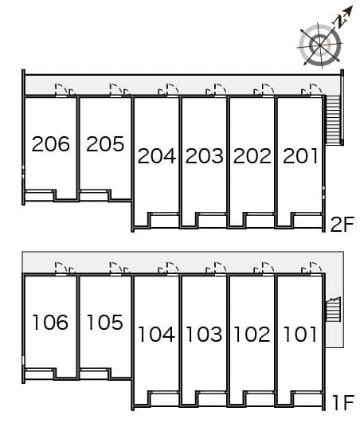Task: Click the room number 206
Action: (51, 144)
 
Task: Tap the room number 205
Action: (105, 144)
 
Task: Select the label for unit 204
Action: (156, 156)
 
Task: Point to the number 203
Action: (204, 156)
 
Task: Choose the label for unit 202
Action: (252, 156)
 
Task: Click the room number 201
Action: (299, 156)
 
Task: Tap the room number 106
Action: (51, 323)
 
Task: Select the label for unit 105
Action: (105, 323)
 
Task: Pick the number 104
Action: (156, 335)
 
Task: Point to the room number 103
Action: (204, 335)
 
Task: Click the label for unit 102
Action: (252, 335)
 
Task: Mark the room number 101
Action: (299, 335)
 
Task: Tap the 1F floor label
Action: (342, 403)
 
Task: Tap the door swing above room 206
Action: (61, 89)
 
